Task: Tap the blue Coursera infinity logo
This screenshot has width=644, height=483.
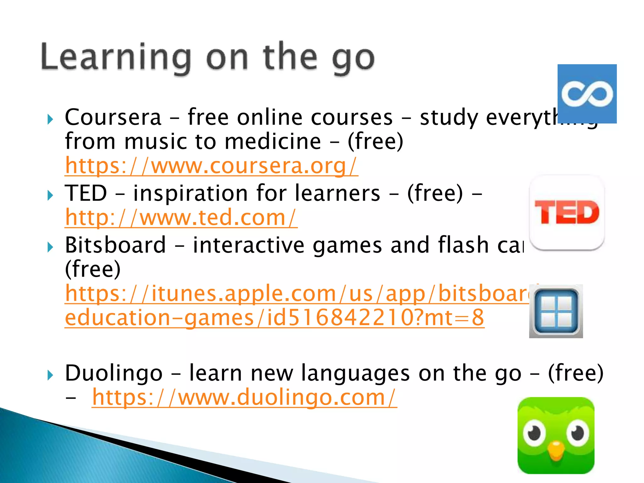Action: (x=587, y=94)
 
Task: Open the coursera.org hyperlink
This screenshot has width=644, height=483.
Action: (x=211, y=165)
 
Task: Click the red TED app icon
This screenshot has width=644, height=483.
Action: (x=567, y=213)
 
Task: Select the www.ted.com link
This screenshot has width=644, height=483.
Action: (x=181, y=217)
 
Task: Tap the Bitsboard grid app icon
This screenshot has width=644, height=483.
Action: (x=556, y=311)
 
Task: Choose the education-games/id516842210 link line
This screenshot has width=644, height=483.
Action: (x=274, y=318)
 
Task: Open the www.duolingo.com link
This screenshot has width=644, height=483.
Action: (x=244, y=397)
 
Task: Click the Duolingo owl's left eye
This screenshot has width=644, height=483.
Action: (x=534, y=434)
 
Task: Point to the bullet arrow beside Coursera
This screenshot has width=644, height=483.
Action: (x=50, y=119)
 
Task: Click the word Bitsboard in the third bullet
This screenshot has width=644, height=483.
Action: (x=115, y=245)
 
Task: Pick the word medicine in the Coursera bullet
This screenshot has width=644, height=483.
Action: (x=273, y=142)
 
